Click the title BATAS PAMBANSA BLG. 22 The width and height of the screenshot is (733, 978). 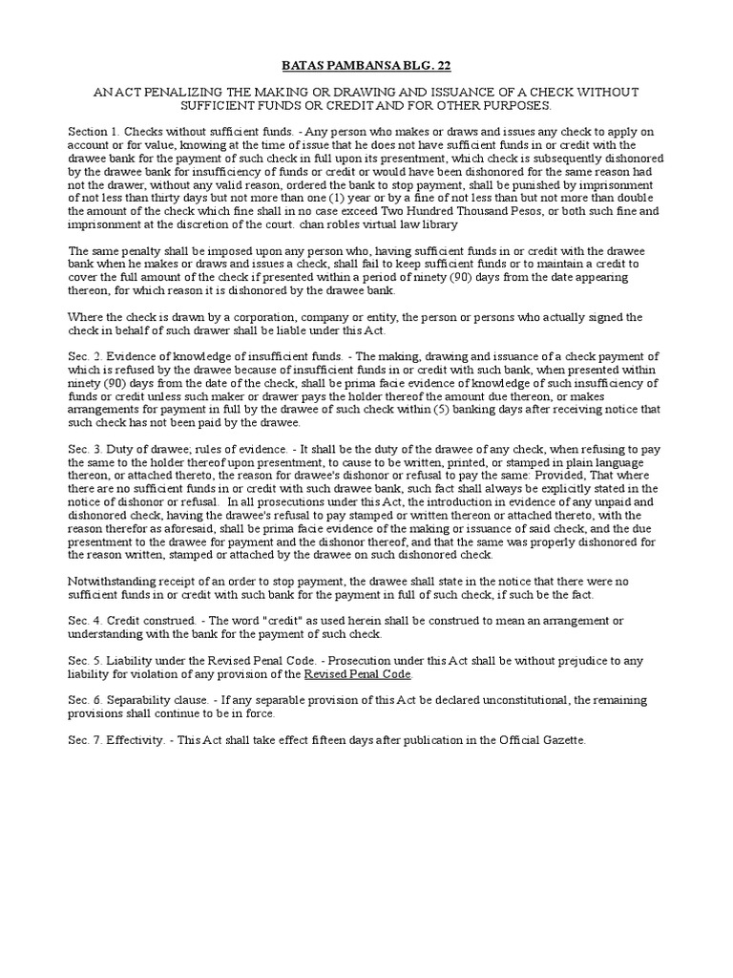tap(366, 65)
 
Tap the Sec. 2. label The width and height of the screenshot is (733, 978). tap(83, 356)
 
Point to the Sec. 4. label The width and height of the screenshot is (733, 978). tap(83, 620)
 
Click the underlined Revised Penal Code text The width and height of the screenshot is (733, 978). tap(357, 673)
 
